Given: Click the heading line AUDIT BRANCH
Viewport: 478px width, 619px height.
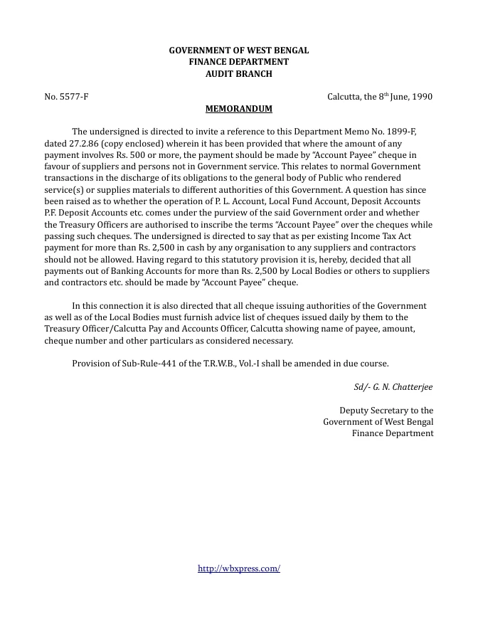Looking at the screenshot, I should tap(238, 73).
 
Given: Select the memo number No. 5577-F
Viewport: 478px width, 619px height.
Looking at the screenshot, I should tap(66, 96).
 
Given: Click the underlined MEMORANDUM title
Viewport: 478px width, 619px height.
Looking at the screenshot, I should tap(238, 109).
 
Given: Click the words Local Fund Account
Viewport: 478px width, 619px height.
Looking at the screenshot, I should tap(305, 201).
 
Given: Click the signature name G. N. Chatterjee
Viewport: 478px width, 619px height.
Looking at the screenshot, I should tap(401, 387).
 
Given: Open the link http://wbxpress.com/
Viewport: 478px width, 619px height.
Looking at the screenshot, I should tap(238, 568).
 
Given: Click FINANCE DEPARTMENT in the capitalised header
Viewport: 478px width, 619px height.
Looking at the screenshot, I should tap(238, 62).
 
